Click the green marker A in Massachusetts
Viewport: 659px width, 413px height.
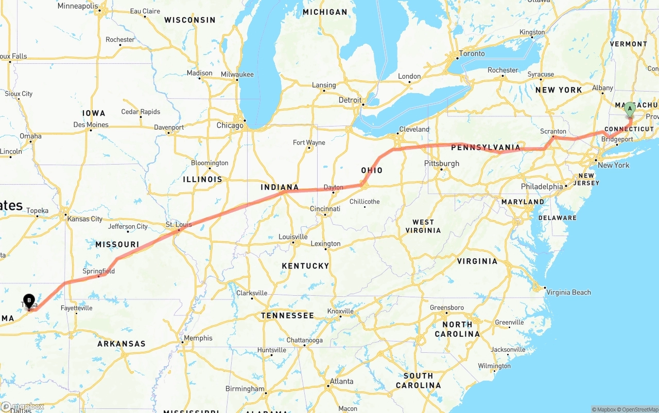(630, 109)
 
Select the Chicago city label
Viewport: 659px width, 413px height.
(230, 125)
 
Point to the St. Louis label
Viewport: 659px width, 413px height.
(178, 225)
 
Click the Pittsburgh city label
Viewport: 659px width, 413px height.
(441, 164)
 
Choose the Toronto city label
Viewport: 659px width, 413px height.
(472, 53)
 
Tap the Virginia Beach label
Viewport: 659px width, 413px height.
(568, 292)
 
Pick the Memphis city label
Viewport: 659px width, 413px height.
(198, 338)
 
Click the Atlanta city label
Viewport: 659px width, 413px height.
(341, 381)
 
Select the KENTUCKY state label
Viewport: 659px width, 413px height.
(305, 266)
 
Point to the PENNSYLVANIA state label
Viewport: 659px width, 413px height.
(486, 148)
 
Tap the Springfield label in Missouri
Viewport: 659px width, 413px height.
(98, 271)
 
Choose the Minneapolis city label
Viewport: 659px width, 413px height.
(78, 6)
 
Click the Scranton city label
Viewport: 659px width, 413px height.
(553, 131)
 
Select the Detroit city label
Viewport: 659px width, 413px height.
(350, 100)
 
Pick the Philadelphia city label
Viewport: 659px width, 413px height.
(542, 186)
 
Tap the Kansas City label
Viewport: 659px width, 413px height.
(85, 219)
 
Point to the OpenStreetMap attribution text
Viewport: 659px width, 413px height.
(639, 409)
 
